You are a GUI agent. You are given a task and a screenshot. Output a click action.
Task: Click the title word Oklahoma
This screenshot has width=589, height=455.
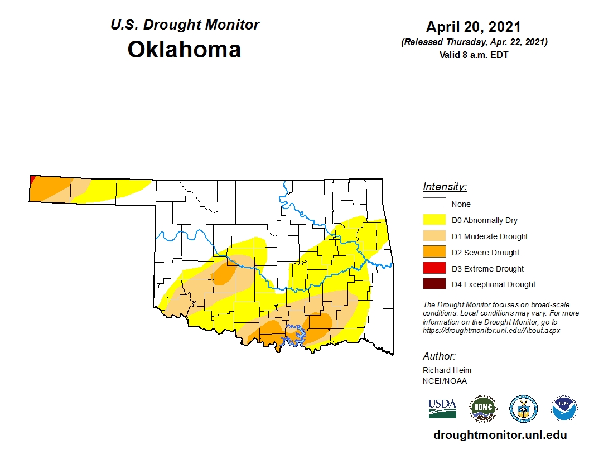click(x=184, y=50)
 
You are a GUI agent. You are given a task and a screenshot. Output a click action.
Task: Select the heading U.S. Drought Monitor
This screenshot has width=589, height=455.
click(x=185, y=25)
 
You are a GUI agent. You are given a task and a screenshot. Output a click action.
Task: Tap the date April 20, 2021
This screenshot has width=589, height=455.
click(x=474, y=27)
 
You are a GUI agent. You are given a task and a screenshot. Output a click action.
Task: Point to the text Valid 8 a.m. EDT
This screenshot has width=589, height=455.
click(x=474, y=54)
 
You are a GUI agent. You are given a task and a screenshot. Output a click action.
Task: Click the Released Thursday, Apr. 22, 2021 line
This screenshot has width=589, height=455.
click(x=474, y=42)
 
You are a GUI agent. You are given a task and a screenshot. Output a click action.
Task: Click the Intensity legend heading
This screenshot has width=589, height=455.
click(x=445, y=187)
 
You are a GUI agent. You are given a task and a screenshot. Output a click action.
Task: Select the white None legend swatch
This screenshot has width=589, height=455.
click(x=434, y=204)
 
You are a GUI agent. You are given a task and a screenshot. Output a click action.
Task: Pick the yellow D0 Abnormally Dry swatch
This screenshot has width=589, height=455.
click(x=434, y=220)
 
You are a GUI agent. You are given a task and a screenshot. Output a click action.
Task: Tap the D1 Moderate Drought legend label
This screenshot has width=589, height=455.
click(x=490, y=236)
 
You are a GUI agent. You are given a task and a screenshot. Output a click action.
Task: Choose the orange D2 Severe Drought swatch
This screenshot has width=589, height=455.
click(x=434, y=253)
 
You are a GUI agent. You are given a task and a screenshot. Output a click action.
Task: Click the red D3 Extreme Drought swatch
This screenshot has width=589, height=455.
click(x=434, y=268)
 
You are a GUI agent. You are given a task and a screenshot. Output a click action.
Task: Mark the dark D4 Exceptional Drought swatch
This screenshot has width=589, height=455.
click(x=434, y=284)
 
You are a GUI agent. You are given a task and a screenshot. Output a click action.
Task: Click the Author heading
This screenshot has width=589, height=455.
click(x=439, y=356)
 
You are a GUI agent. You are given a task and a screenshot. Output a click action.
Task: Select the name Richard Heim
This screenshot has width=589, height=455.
click(x=447, y=370)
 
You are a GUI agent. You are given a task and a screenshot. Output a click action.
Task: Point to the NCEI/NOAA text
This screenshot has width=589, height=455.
click(x=445, y=381)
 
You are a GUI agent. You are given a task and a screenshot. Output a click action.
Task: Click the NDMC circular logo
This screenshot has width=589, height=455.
click(x=482, y=409)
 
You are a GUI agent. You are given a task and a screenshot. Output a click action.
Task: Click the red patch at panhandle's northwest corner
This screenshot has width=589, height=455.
click(x=32, y=180)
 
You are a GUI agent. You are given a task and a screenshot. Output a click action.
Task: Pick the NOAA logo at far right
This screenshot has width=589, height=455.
click(x=564, y=409)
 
